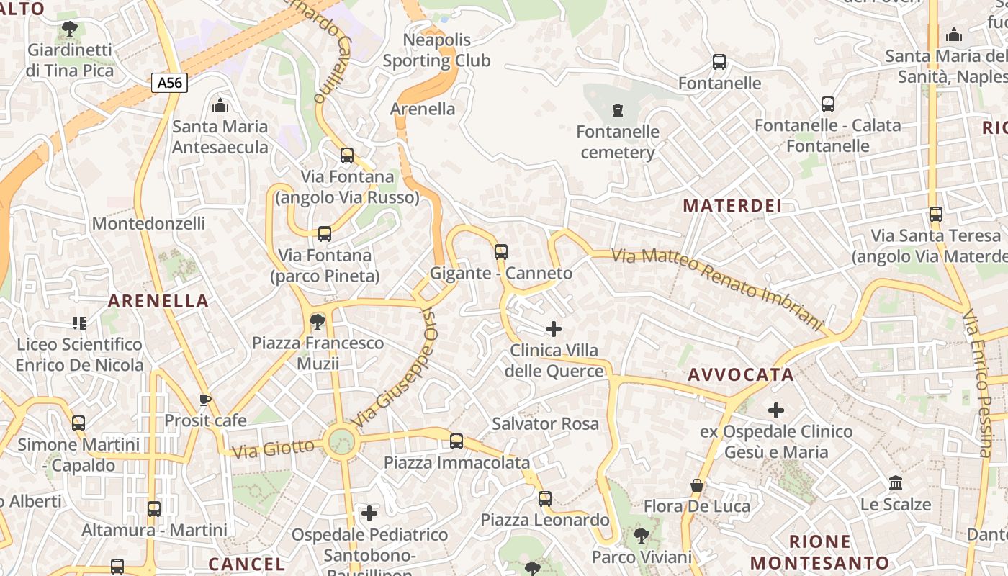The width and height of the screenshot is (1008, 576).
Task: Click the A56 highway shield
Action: (x=170, y=83)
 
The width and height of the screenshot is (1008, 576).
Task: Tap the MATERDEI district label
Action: (x=732, y=206)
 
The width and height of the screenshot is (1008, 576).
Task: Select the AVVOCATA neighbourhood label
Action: (x=740, y=374)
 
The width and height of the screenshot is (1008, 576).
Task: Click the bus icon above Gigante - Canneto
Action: (x=501, y=252)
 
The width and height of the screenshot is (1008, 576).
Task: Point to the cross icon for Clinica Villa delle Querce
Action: (x=553, y=329)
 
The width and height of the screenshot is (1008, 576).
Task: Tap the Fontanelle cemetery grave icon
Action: (x=617, y=110)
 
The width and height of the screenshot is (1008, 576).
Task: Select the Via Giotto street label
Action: (x=274, y=449)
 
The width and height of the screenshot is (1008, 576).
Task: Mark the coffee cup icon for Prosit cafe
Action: (x=205, y=400)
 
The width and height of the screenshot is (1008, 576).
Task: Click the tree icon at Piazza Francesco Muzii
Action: (x=317, y=321)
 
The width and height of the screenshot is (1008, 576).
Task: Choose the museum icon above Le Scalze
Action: (x=896, y=482)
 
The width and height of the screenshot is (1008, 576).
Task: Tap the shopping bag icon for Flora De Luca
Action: (x=696, y=485)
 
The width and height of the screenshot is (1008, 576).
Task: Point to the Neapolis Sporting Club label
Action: (x=436, y=50)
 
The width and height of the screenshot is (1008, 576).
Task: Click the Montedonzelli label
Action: (x=148, y=223)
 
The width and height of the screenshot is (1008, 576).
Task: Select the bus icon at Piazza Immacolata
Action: (x=456, y=441)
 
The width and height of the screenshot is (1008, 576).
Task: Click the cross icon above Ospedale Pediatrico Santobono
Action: (x=369, y=513)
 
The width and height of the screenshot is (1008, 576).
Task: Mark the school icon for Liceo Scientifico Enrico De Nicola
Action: (x=79, y=323)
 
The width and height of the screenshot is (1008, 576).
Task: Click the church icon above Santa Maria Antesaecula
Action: (x=220, y=106)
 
